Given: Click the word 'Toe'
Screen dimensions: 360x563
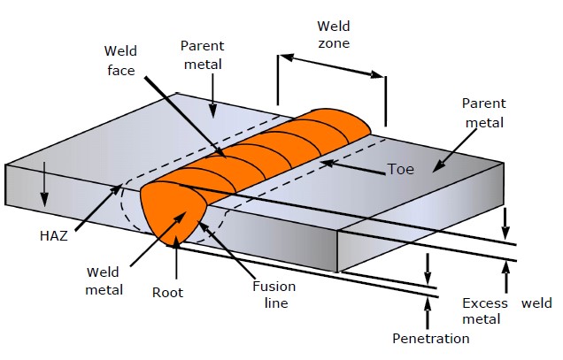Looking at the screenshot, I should (x=399, y=169).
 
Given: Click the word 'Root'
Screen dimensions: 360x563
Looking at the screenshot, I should (x=167, y=291).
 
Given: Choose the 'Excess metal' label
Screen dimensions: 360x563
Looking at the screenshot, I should (x=486, y=311).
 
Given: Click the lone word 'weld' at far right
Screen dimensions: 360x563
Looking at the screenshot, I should (x=536, y=303).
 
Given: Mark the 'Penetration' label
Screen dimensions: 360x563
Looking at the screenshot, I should (x=431, y=338).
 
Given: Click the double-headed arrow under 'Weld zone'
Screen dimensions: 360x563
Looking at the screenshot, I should (x=333, y=68).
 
